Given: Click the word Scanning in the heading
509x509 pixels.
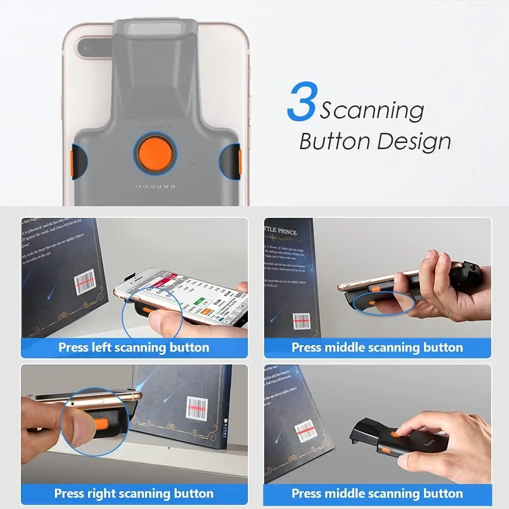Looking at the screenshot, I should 372,110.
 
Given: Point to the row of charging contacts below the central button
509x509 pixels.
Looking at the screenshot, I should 155,187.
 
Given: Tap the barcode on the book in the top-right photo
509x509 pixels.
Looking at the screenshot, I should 301,321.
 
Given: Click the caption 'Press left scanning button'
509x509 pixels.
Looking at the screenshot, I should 134,348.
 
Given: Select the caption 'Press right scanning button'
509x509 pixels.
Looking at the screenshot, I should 134,493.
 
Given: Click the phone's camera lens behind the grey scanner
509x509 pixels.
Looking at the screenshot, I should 94,48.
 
